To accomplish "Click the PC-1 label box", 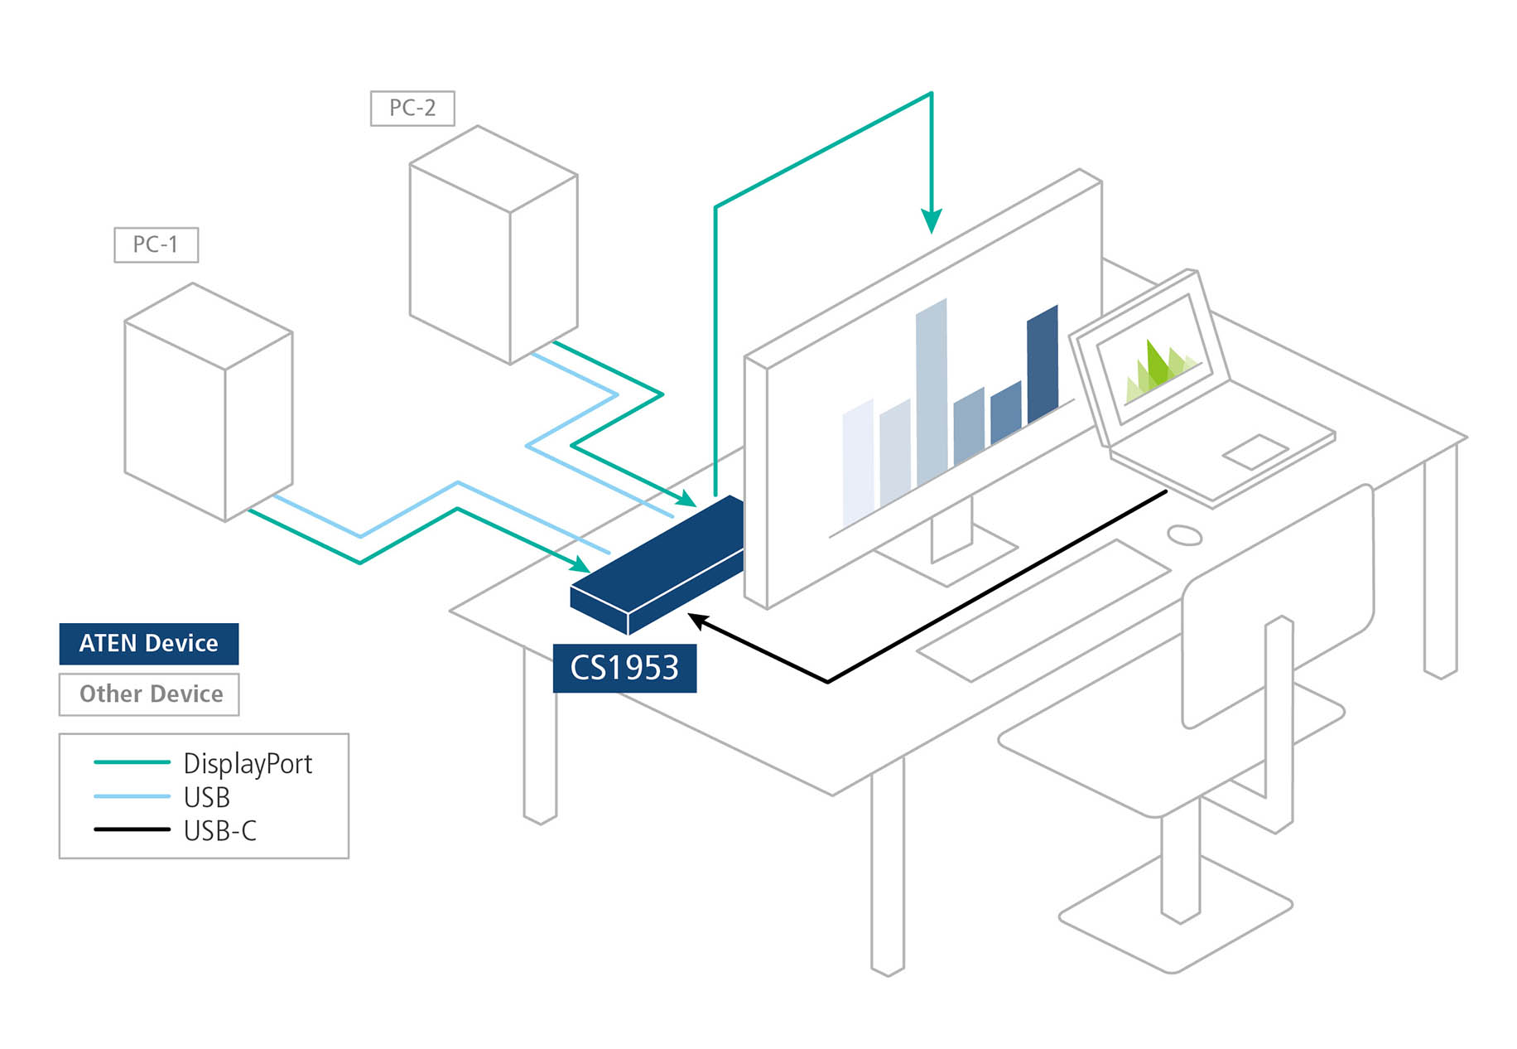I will (x=156, y=244).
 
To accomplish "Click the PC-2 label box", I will (x=412, y=108).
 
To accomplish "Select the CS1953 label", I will (x=624, y=668).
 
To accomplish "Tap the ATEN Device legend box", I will (x=149, y=644).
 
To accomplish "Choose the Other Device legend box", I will (x=149, y=694).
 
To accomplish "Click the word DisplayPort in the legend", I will (x=248, y=763).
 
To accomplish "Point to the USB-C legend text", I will (x=220, y=830).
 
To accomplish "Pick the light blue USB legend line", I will (x=132, y=796).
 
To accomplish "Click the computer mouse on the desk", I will (x=1184, y=535).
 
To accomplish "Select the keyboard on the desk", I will (x=1043, y=610).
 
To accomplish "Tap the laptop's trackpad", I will (x=1255, y=452).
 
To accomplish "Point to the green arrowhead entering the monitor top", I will (x=932, y=222).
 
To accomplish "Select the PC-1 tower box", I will (x=208, y=402).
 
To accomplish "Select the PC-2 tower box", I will (x=494, y=245).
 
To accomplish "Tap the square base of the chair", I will (x=1176, y=919).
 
